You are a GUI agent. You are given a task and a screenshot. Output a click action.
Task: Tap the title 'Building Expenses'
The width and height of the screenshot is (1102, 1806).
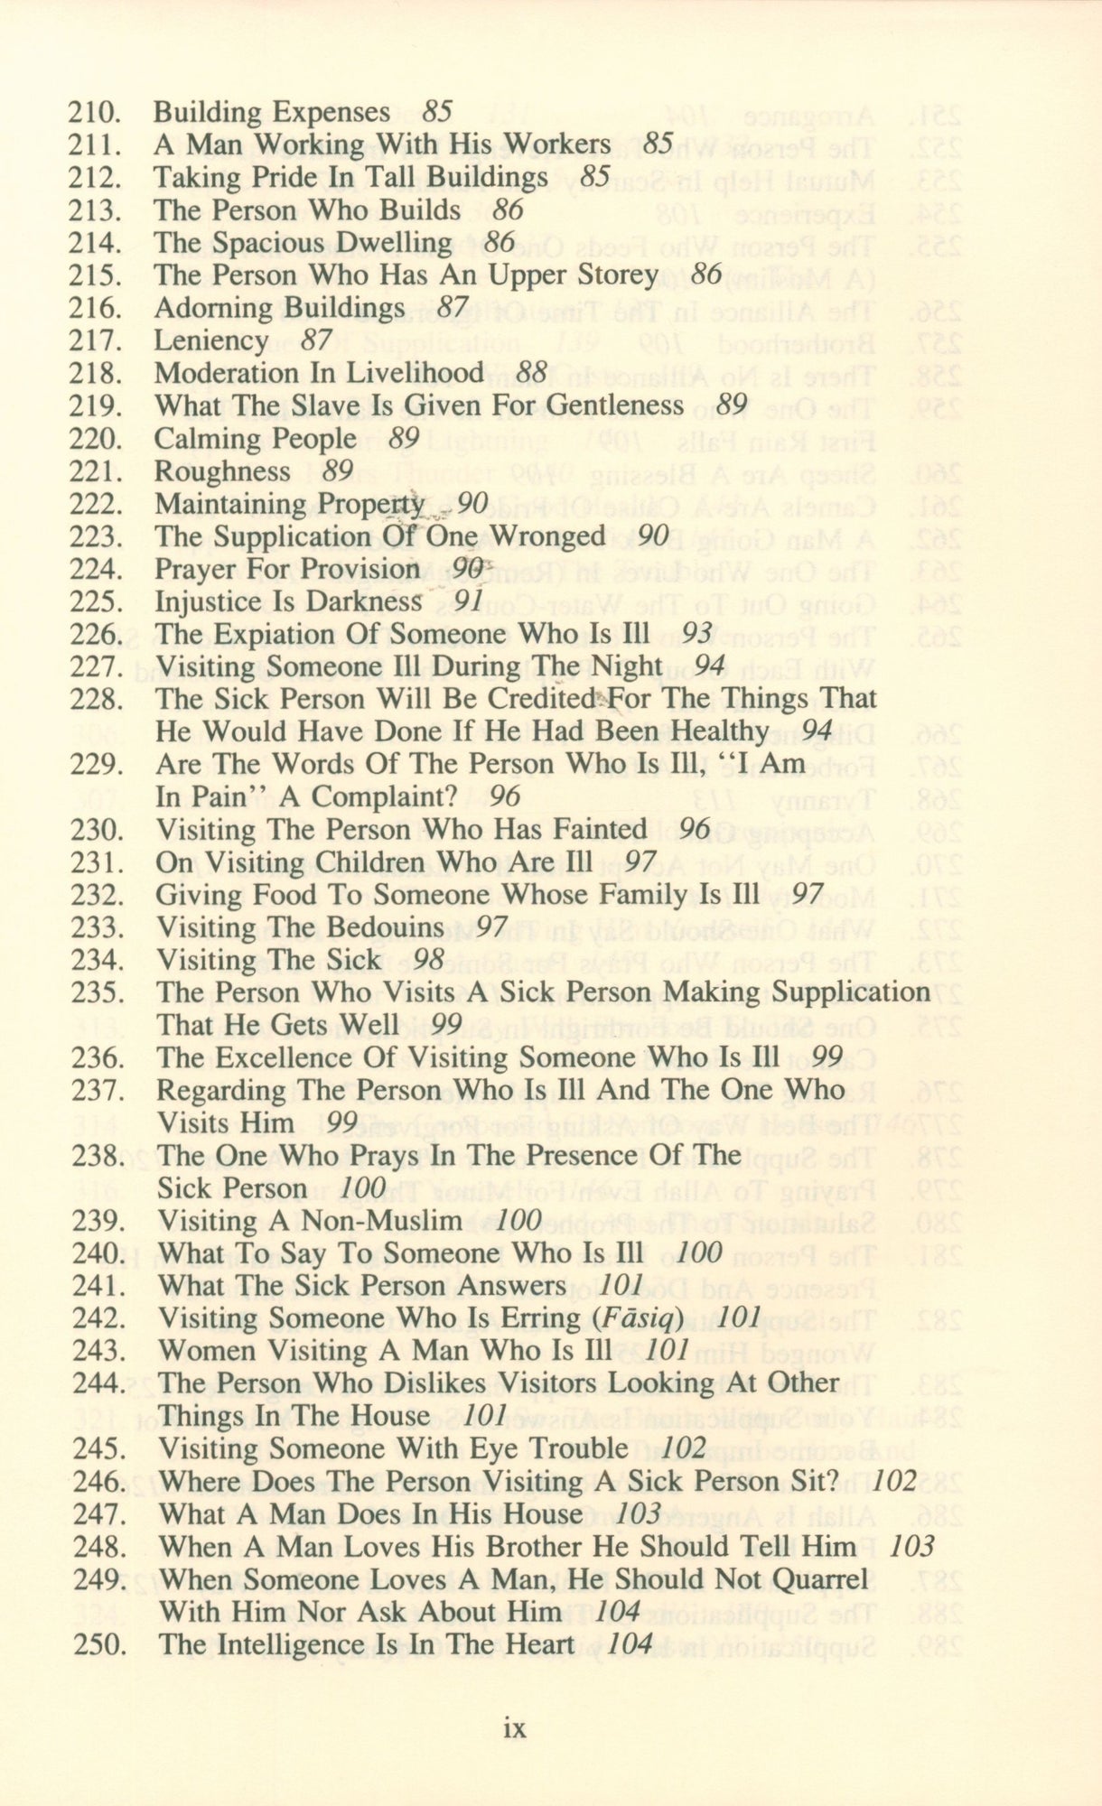(x=271, y=113)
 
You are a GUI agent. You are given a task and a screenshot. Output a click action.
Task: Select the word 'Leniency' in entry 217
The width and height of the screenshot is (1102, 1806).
(x=210, y=341)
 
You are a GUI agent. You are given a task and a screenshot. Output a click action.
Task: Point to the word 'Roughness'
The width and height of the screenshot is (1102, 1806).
(x=222, y=471)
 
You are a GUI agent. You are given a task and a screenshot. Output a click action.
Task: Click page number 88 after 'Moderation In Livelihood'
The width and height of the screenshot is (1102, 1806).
(x=534, y=373)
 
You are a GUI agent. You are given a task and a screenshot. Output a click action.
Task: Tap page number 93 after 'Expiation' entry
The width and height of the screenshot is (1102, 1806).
(x=697, y=634)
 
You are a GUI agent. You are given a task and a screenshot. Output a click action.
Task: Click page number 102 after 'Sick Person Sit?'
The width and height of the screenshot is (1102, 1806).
(x=896, y=1481)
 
